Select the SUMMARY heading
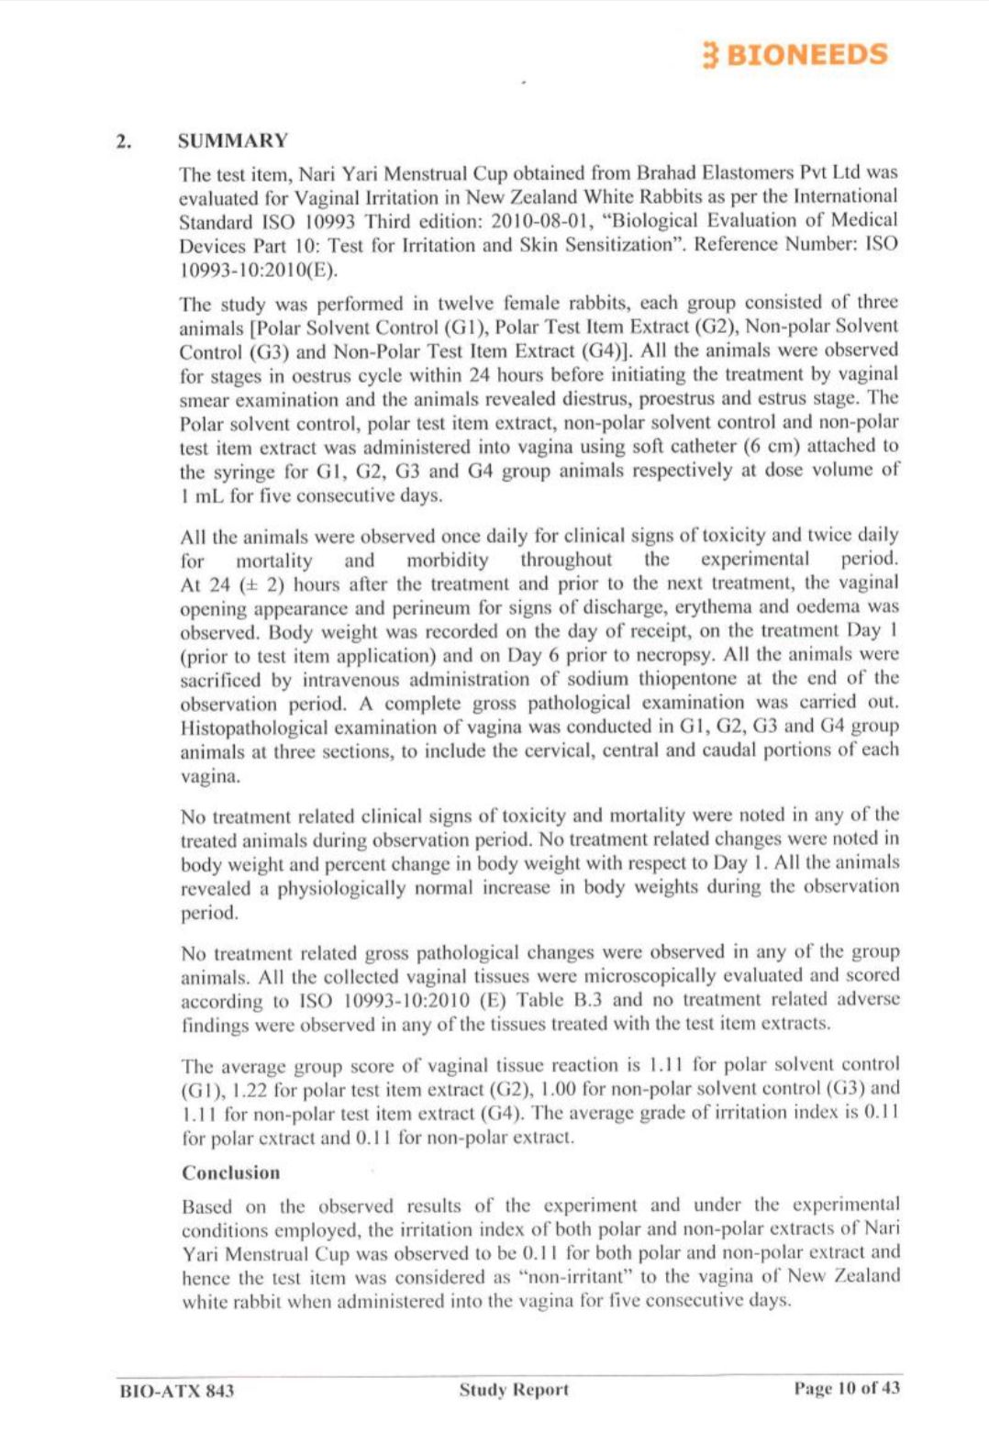233,140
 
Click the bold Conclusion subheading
230,1172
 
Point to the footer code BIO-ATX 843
177,1390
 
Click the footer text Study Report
514,1389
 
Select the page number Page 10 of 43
847,1388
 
